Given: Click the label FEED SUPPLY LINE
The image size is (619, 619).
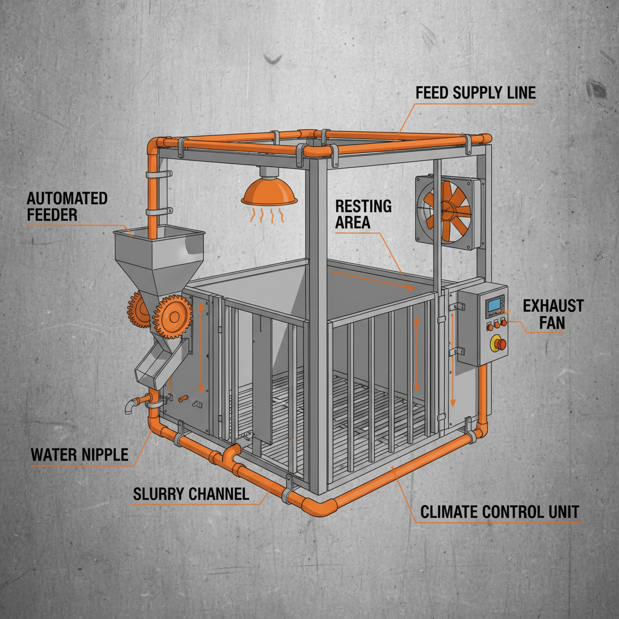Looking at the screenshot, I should (x=476, y=93).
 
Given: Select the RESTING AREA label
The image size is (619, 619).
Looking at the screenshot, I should (x=363, y=214).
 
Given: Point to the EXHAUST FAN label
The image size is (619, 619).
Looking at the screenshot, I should (x=553, y=314).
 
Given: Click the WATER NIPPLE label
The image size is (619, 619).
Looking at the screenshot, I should (x=80, y=454).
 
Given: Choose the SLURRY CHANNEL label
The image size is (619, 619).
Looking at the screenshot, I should (x=190, y=494).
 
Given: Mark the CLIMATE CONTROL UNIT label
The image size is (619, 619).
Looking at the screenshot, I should (x=499, y=513).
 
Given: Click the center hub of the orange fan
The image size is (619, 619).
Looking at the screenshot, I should (x=449, y=210).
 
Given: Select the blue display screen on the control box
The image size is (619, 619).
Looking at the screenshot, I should (x=495, y=305).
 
